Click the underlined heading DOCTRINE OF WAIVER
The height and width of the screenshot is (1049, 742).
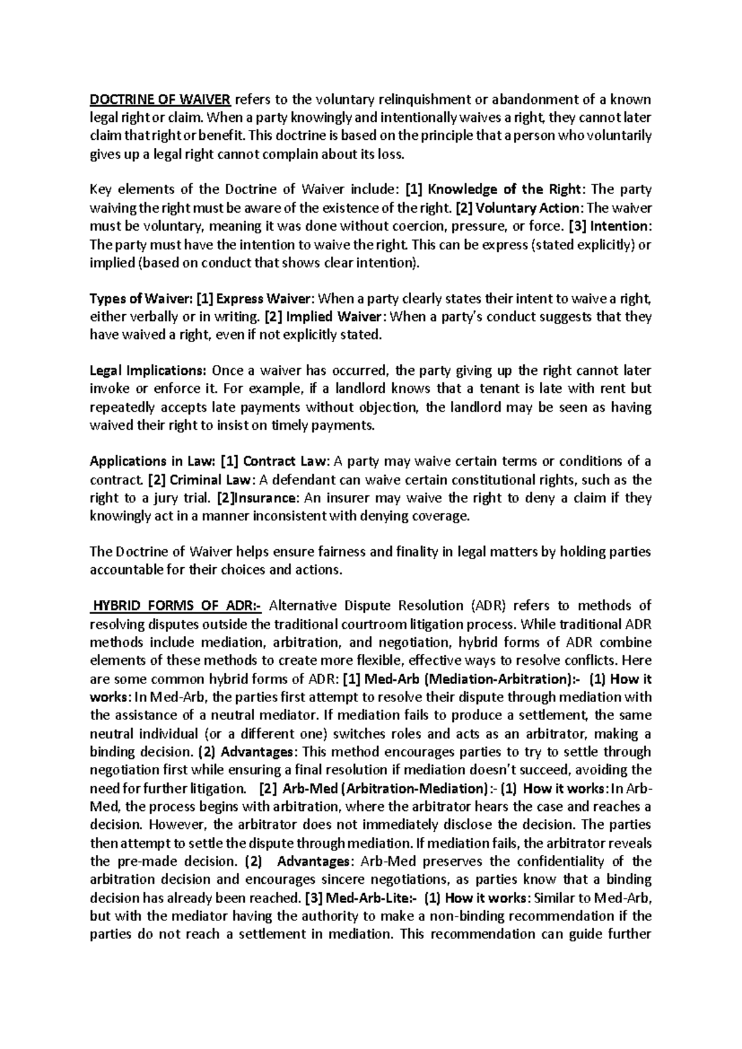coord(161,100)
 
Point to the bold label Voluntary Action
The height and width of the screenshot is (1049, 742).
coord(527,208)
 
